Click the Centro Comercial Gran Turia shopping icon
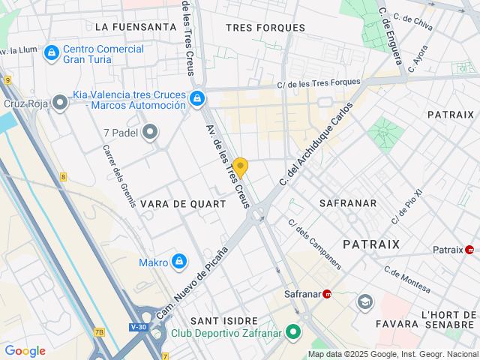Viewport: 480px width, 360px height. pyautogui.click(x=51, y=53)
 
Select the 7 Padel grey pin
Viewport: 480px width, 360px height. pyautogui.click(x=150, y=133)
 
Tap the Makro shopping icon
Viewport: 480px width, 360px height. pyautogui.click(x=178, y=262)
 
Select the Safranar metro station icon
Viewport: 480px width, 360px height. pyautogui.click(x=327, y=294)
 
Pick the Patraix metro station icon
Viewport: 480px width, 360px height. pyautogui.click(x=470, y=250)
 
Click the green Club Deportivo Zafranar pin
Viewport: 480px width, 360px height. pyautogui.click(x=294, y=331)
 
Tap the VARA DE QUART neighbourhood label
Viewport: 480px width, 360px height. pyautogui.click(x=182, y=204)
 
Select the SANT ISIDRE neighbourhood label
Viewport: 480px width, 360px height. pyautogui.click(x=224, y=320)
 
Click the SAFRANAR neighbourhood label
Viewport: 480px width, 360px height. pyautogui.click(x=346, y=203)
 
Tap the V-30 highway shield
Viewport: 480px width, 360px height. pyautogui.click(x=138, y=327)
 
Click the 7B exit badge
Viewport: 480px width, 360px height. pyautogui.click(x=99, y=332)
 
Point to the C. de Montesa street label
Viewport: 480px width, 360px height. pyautogui.click(x=407, y=280)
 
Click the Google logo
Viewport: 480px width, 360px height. pyautogui.click(x=25, y=351)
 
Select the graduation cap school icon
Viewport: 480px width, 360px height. pyautogui.click(x=365, y=301)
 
